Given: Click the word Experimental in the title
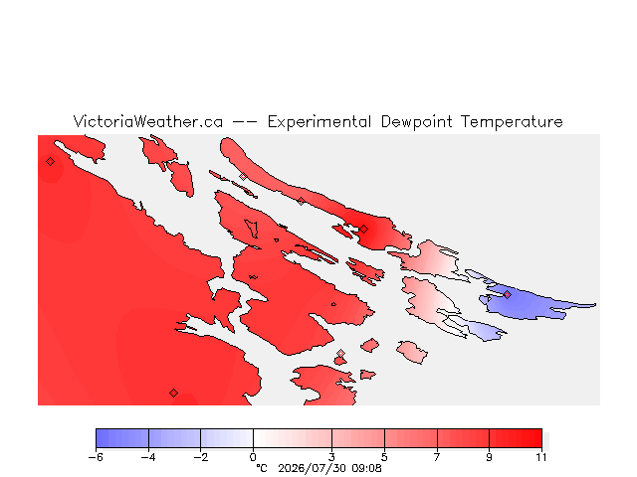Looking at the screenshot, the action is click(318, 122).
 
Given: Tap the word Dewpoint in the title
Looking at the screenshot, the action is click(416, 122).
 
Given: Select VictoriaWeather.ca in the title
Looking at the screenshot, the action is click(148, 121).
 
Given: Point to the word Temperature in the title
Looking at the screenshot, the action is click(512, 122).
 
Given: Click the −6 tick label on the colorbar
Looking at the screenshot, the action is click(96, 457).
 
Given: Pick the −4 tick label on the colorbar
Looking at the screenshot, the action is click(148, 457).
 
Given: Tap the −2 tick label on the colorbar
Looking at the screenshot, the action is click(201, 457).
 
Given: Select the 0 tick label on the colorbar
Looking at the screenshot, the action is click(253, 457).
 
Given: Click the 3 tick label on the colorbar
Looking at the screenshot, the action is click(331, 457).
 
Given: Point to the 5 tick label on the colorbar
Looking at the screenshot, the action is click(384, 457).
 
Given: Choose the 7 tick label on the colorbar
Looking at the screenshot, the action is click(437, 457).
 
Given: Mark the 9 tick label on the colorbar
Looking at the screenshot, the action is click(489, 457).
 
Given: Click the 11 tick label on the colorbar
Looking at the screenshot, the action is click(541, 457).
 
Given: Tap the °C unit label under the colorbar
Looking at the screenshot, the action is click(262, 468).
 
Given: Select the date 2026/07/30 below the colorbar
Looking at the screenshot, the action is click(312, 468).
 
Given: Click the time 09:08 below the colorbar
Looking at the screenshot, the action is click(366, 468).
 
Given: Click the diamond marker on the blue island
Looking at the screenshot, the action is click(507, 294).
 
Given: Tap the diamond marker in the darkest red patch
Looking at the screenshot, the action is click(364, 230).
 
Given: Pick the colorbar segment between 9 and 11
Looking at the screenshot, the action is click(516, 438).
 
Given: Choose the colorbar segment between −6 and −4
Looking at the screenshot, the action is click(122, 438).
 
